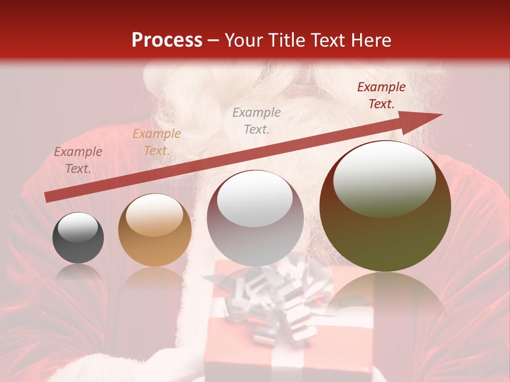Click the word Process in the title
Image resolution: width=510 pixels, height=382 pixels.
tap(167, 40)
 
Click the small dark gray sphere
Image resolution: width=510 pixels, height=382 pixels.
tap(78, 238)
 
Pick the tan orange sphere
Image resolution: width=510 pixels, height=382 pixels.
tap(155, 230)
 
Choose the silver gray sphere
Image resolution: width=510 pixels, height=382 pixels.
tap(255, 219)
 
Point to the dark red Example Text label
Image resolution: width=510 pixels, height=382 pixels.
tap(381, 95)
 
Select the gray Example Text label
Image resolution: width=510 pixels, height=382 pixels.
tap(257, 120)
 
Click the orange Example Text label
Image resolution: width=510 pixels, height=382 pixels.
tap(157, 142)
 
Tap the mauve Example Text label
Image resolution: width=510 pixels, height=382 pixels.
tap(78, 160)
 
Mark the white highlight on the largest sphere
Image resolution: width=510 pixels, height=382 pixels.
tap(384, 179)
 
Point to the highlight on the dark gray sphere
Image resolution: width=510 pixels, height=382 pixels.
tap(78, 227)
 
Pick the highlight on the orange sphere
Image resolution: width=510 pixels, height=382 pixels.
tap(154, 215)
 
